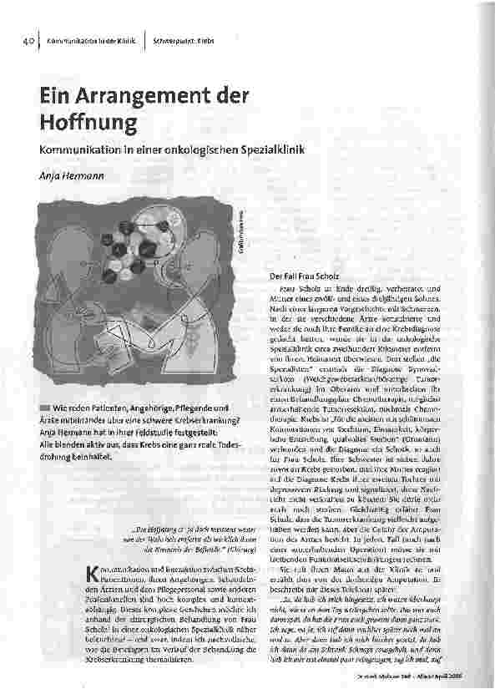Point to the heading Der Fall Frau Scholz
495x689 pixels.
pyautogui.click(x=306, y=275)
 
